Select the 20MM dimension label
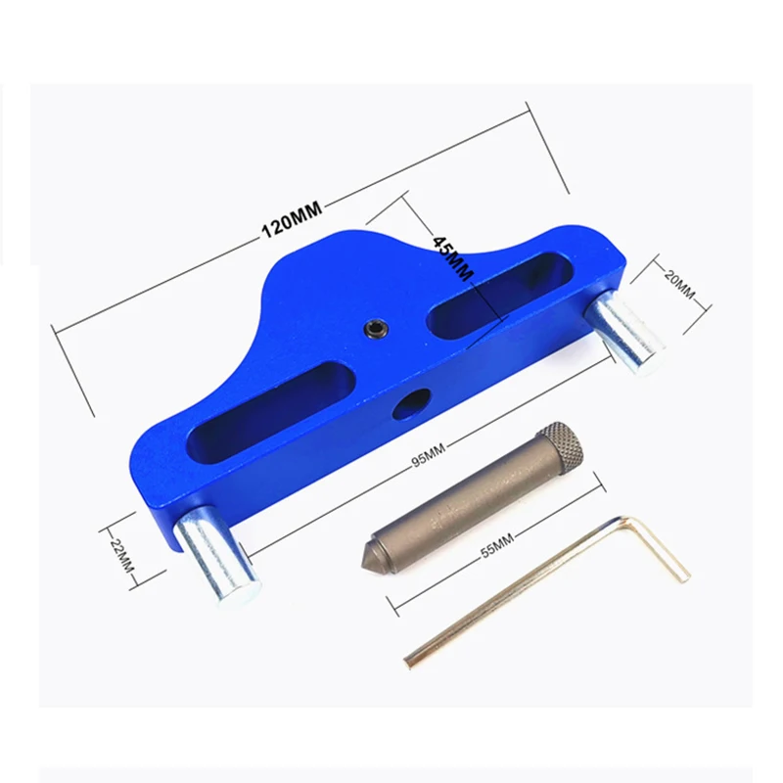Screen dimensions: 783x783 coord(679,285)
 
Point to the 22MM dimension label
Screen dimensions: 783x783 coord(122,555)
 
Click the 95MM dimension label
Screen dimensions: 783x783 coord(428,454)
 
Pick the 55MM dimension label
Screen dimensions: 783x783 coord(497,545)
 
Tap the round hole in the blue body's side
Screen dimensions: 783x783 coord(412,403)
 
